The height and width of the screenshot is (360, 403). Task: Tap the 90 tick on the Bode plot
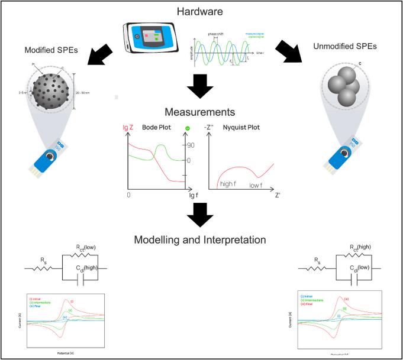pyautogui.click(x=191, y=145)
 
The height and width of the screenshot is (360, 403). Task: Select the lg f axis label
pyautogui.click(x=194, y=194)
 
